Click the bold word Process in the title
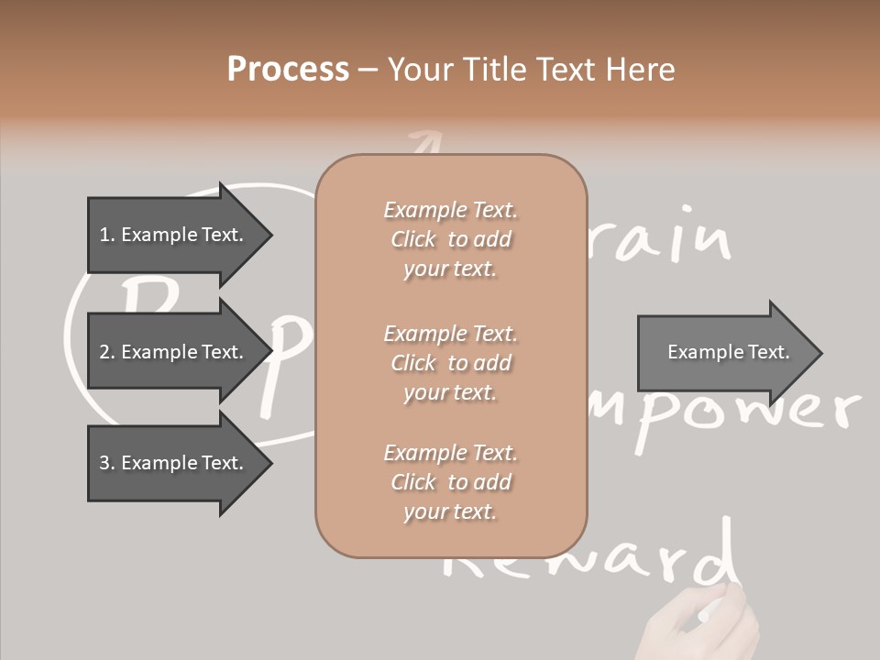point(288,70)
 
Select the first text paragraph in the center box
point(450,239)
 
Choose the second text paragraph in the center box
point(450,363)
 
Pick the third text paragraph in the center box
point(450,482)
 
